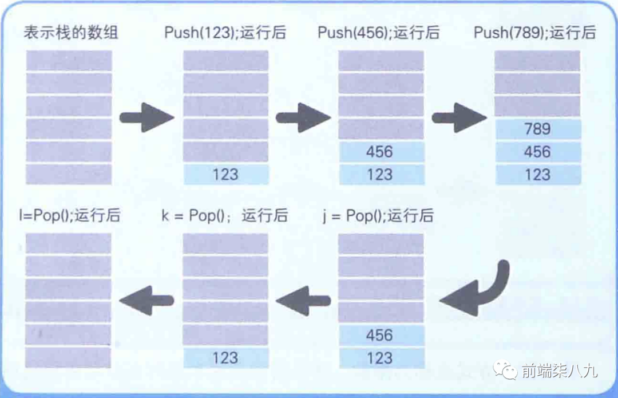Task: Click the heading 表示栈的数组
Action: click(x=70, y=32)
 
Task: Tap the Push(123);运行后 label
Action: click(x=225, y=32)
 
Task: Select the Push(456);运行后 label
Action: click(x=379, y=32)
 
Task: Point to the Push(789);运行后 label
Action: click(x=534, y=32)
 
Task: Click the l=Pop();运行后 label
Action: click(x=69, y=216)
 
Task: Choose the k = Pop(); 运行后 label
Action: click(x=224, y=216)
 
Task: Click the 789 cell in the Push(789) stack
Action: click(x=537, y=129)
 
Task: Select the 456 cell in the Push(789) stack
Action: click(x=537, y=152)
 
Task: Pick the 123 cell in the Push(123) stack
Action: click(x=225, y=175)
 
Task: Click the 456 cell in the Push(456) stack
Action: click(x=381, y=152)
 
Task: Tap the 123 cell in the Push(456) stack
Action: click(x=381, y=175)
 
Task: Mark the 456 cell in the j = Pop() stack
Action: click(x=381, y=336)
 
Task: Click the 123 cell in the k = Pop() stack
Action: click(x=225, y=358)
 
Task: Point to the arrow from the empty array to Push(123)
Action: click(x=146, y=118)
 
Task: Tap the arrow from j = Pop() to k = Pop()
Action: click(x=303, y=300)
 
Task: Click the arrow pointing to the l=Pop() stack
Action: click(x=146, y=300)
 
